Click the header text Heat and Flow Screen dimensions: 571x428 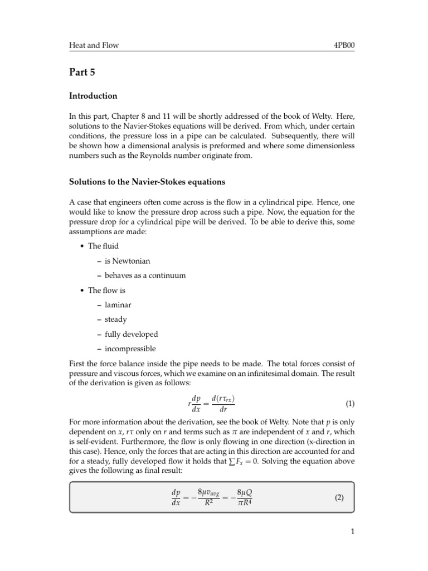[94, 45]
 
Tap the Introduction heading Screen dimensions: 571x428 [93, 96]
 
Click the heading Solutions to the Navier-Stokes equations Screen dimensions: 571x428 [147, 182]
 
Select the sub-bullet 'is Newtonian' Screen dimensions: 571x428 [127, 260]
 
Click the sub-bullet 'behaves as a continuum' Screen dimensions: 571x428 [145, 275]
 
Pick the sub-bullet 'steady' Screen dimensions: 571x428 [115, 320]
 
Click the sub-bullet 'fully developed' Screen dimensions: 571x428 [131, 335]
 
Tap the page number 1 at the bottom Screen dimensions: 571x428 [352, 532]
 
